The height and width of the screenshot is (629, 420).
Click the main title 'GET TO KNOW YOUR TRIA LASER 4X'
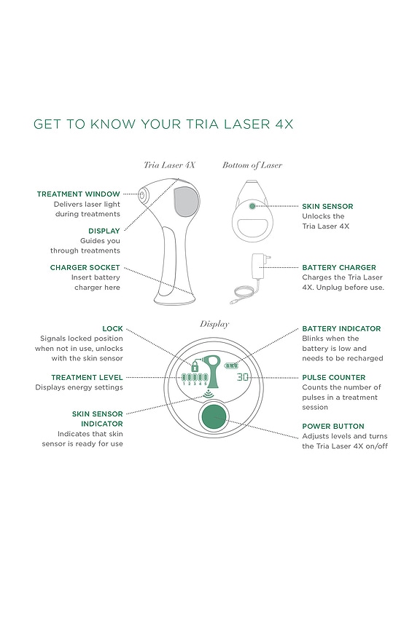(x=163, y=124)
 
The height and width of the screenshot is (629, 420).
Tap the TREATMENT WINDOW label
(x=78, y=194)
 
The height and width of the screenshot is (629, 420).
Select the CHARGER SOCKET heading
(x=85, y=267)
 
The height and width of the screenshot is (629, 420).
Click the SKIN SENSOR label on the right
(x=327, y=207)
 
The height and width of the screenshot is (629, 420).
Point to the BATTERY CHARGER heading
(x=339, y=267)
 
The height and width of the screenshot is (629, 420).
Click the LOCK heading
(x=112, y=328)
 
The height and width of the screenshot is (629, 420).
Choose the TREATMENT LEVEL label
(x=87, y=377)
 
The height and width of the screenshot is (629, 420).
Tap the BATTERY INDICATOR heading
(x=341, y=328)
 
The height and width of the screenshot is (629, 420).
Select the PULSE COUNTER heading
(x=334, y=378)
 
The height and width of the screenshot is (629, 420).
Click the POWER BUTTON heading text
(x=333, y=426)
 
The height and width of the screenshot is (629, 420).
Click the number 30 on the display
(x=243, y=377)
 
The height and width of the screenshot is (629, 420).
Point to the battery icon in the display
(x=231, y=365)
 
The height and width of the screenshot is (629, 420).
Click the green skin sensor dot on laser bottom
(x=252, y=207)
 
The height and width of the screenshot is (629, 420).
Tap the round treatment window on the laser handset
(x=143, y=194)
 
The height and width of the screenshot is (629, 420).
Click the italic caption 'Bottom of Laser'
(x=252, y=165)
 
